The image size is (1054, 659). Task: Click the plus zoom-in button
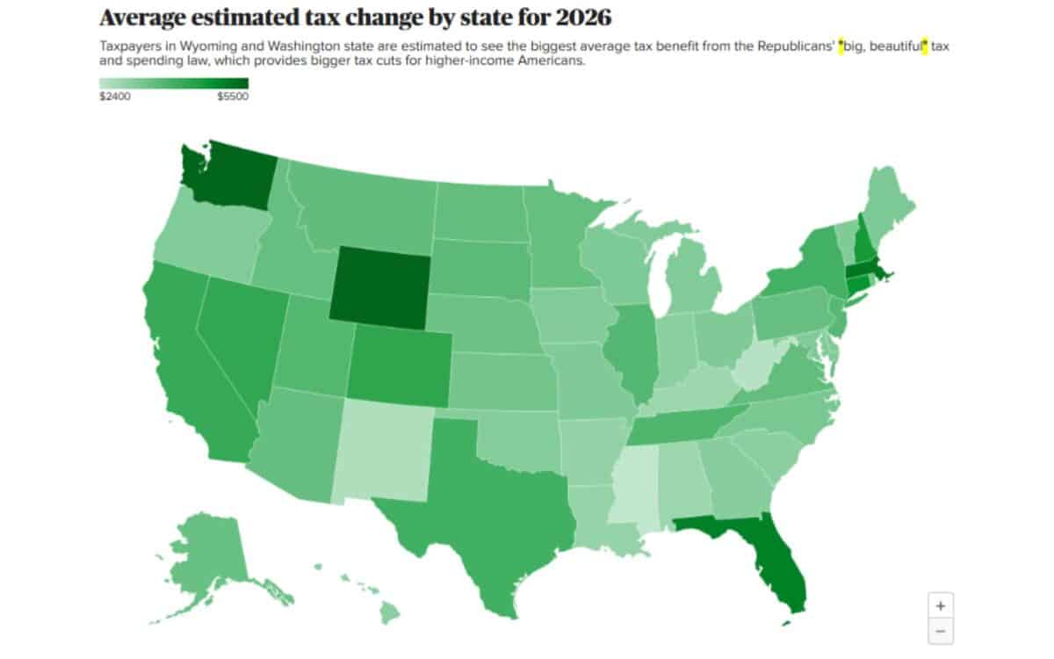click(941, 605)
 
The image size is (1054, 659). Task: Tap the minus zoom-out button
click(941, 630)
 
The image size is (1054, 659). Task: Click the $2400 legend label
click(115, 98)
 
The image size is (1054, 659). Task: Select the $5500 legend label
click(233, 98)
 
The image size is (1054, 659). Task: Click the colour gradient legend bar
click(174, 83)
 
